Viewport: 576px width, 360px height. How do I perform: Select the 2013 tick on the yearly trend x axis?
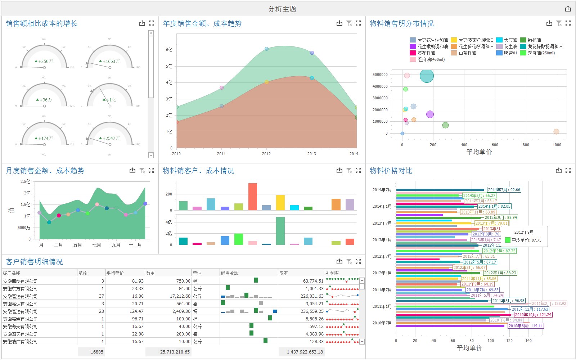pos(311,154)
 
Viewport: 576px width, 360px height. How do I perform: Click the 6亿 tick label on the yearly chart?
pos(169,50)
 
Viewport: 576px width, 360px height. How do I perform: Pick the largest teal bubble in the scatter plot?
pos(427,76)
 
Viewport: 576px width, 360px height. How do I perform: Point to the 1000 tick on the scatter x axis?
pos(557,145)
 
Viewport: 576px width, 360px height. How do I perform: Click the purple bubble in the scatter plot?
pos(430,114)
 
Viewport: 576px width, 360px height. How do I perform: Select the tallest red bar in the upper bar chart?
pos(253,197)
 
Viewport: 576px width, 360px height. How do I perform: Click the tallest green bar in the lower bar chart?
pos(280,231)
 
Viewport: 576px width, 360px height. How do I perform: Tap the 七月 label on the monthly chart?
pos(96,245)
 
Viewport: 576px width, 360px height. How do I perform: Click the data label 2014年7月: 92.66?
pos(504,190)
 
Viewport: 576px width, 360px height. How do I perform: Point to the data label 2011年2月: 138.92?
pos(549,303)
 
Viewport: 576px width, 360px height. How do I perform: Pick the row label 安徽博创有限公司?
pos(20,281)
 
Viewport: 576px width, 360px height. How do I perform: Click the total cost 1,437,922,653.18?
pos(305,352)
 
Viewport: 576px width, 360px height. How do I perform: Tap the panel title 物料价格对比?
pos(391,171)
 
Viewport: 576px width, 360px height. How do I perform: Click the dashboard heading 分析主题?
pos(282,9)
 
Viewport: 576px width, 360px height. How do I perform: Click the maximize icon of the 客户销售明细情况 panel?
pos(358,261)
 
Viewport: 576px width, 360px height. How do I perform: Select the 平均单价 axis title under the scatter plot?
pos(479,152)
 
